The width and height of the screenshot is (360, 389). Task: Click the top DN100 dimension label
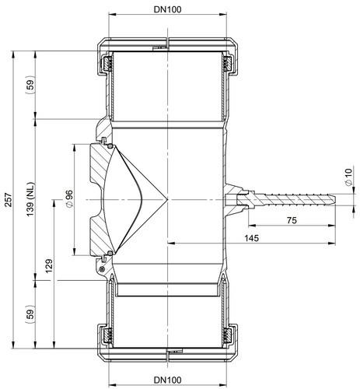[x=167, y=9]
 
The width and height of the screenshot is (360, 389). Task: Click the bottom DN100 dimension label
[x=167, y=380]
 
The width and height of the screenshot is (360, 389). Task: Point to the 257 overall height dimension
[x=9, y=200]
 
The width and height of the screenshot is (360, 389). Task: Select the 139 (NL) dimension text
[x=30, y=199]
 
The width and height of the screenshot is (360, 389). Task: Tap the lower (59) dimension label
[x=30, y=314]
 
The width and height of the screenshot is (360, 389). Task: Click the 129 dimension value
[x=49, y=266]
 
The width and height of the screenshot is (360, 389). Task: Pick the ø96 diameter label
[x=69, y=198]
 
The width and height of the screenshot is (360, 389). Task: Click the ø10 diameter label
[x=349, y=177]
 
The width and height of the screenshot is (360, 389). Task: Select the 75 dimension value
[x=292, y=220]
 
